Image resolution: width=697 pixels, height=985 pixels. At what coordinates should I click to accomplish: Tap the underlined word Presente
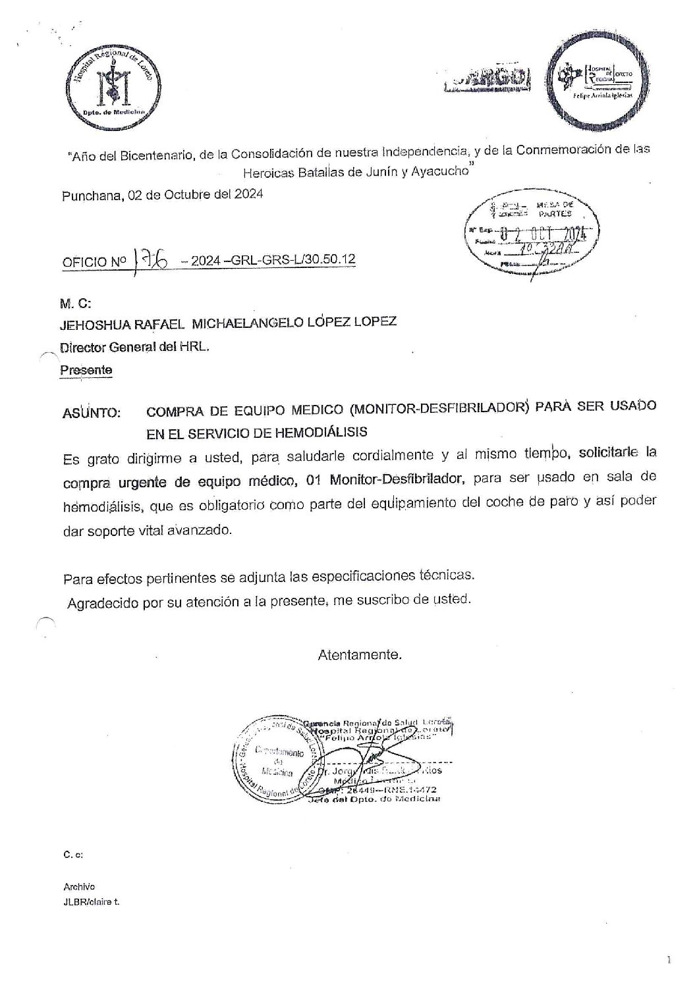[86, 370]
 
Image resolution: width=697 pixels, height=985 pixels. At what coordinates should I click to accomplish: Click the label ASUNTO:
[92, 413]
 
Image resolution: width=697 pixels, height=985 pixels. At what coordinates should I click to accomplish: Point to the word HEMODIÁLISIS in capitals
[317, 433]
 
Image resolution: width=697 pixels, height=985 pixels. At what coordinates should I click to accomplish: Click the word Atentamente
[359, 655]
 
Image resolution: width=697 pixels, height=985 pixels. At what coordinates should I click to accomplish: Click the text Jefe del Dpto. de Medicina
[373, 799]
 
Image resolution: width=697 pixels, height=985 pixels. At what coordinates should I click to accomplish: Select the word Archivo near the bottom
[79, 886]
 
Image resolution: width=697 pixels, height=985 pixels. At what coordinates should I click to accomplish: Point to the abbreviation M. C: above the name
[75, 304]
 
